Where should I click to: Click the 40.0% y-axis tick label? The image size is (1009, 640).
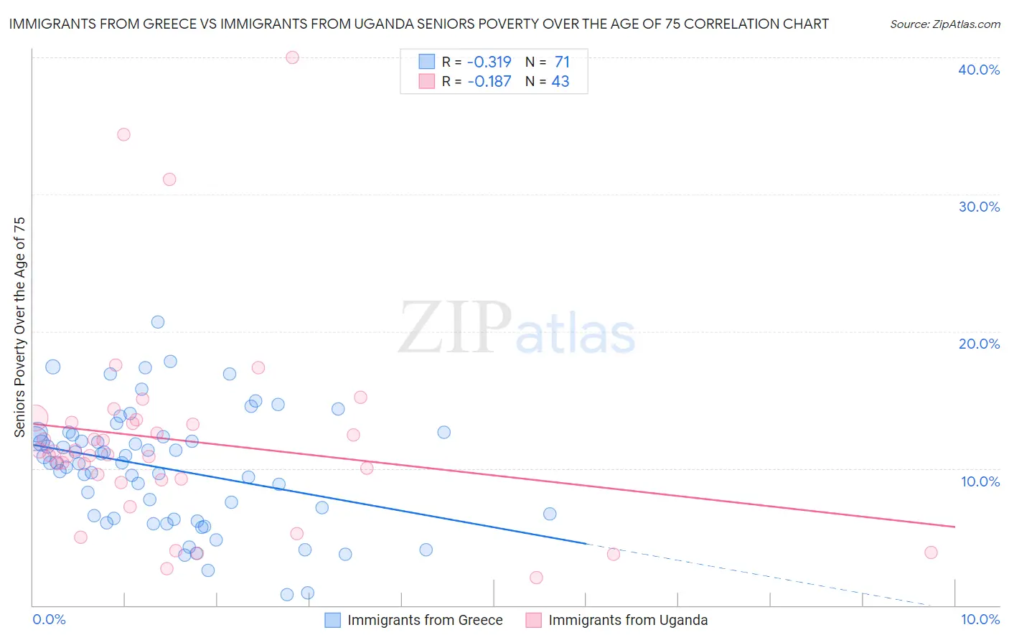(979, 70)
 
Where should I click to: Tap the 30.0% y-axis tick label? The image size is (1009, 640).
(979, 207)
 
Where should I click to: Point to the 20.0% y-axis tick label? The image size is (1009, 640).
(979, 344)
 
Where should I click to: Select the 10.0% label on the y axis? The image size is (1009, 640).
(980, 481)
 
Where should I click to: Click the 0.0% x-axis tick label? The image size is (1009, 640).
(49, 619)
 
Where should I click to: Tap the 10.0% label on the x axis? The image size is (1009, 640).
(980, 619)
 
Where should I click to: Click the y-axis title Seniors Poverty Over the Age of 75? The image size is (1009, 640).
(19, 327)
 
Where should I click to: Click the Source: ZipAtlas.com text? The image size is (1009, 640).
(944, 24)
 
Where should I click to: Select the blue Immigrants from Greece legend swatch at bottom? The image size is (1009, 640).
(332, 620)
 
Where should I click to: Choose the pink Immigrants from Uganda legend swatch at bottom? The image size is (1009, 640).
(533, 620)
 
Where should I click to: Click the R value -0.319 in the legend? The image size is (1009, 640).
(489, 62)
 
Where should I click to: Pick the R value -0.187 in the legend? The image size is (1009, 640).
(489, 82)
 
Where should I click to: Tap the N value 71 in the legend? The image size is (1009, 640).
(562, 62)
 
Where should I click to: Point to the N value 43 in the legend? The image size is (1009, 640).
(560, 82)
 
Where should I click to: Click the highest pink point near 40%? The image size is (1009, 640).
(292, 57)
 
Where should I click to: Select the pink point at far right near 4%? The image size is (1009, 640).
(931, 552)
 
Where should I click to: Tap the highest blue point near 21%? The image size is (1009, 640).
(158, 322)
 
